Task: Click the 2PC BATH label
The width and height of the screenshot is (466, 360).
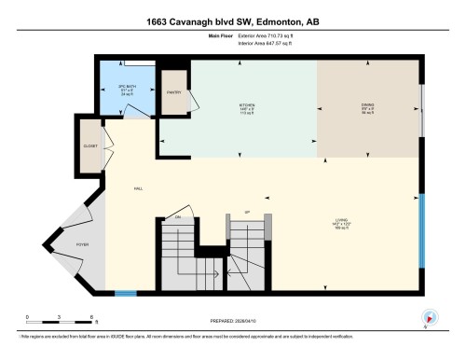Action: click(116, 88)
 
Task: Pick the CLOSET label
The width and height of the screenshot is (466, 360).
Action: click(89, 146)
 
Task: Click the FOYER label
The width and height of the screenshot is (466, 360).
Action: click(82, 245)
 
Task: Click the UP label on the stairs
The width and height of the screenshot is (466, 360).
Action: click(247, 212)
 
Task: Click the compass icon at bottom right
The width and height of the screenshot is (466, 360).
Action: click(430, 316)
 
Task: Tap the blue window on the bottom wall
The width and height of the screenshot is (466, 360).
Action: click(124, 294)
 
